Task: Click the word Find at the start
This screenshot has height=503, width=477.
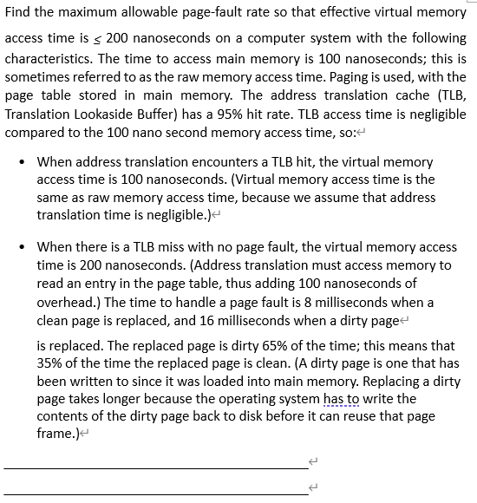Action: click(19, 13)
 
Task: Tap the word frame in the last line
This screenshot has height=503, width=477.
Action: click(56, 434)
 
